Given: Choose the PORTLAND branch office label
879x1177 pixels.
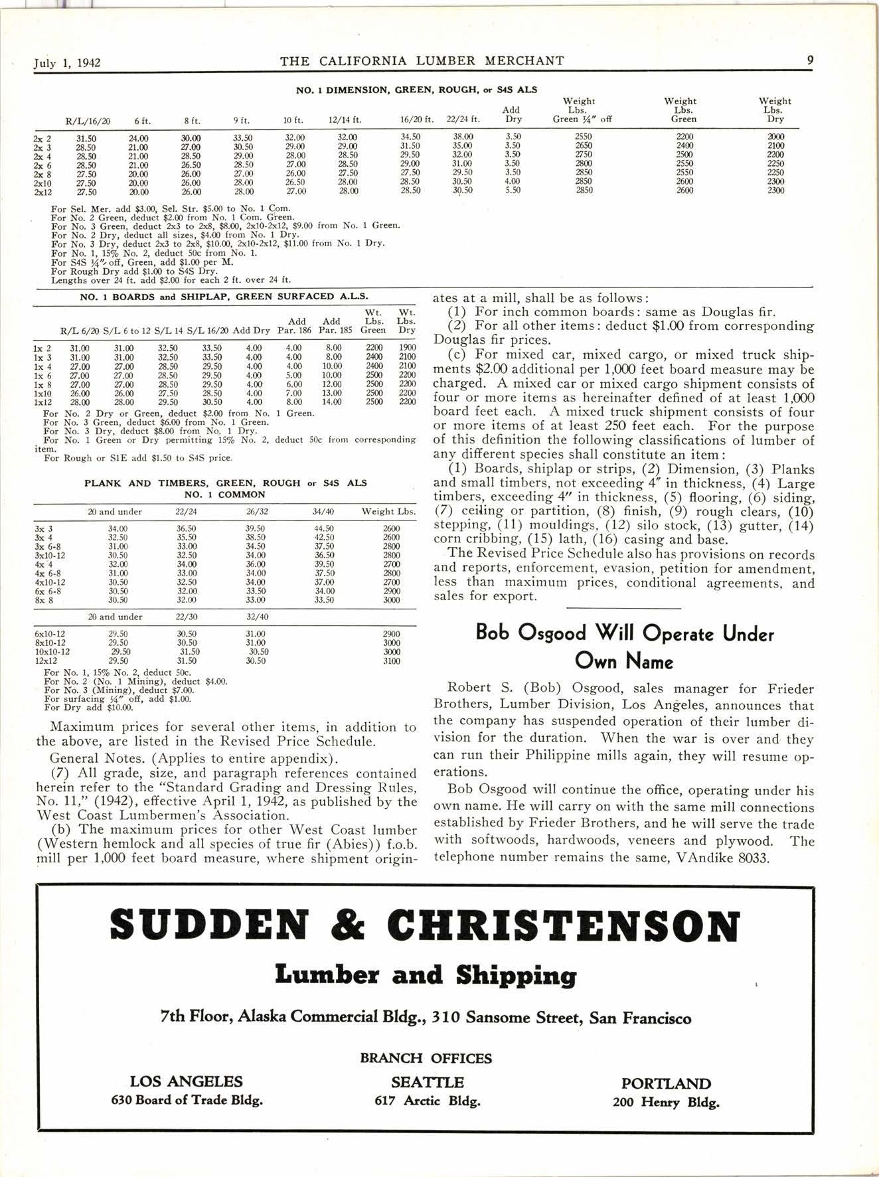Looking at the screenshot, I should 666,1083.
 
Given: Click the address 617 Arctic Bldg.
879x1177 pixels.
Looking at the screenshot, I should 427,1101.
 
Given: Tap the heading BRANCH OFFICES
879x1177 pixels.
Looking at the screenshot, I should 426,1058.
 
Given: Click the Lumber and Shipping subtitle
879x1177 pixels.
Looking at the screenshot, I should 426,975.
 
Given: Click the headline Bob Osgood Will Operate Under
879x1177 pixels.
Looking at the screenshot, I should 625,633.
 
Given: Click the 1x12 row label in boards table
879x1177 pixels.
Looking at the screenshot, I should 43,402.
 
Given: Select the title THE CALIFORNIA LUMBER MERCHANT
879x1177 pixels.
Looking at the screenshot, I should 422,61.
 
